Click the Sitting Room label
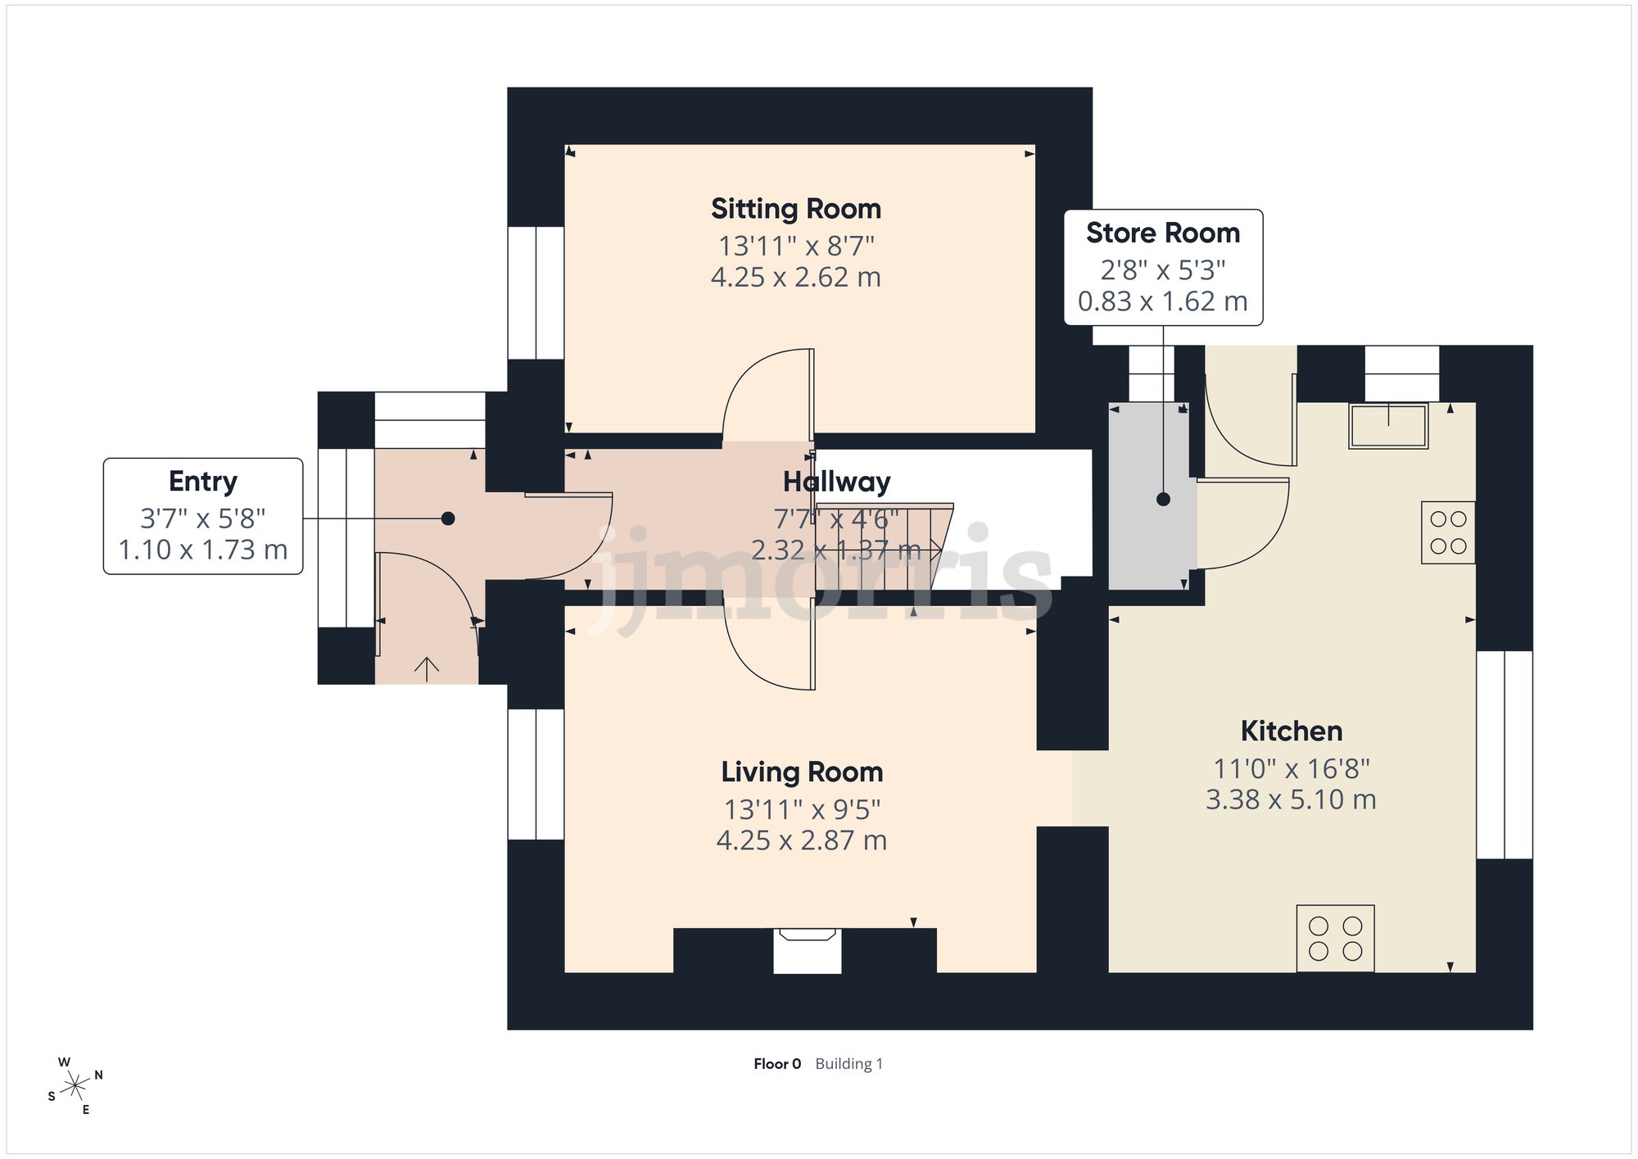tap(796, 209)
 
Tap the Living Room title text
tap(802, 772)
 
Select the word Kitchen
tap(1292, 731)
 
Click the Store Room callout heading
tap(1163, 233)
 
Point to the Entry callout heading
tap(203, 482)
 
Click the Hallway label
tap(836, 482)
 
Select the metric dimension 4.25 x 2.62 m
tap(796, 277)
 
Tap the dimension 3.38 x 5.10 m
tap(1291, 799)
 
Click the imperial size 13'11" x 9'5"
tap(802, 809)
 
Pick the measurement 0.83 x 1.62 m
tap(1163, 301)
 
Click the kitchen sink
tap(1388, 425)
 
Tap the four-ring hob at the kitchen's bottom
tap(1335, 939)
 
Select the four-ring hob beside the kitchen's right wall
tap(1448, 532)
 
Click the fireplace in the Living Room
tap(808, 951)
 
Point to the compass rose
tap(75, 1087)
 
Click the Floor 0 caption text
tap(777, 1064)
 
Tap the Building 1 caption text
tap(849, 1064)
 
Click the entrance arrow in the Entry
tap(427, 669)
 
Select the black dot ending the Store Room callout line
tap(1163, 499)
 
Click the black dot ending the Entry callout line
tap(448, 518)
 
